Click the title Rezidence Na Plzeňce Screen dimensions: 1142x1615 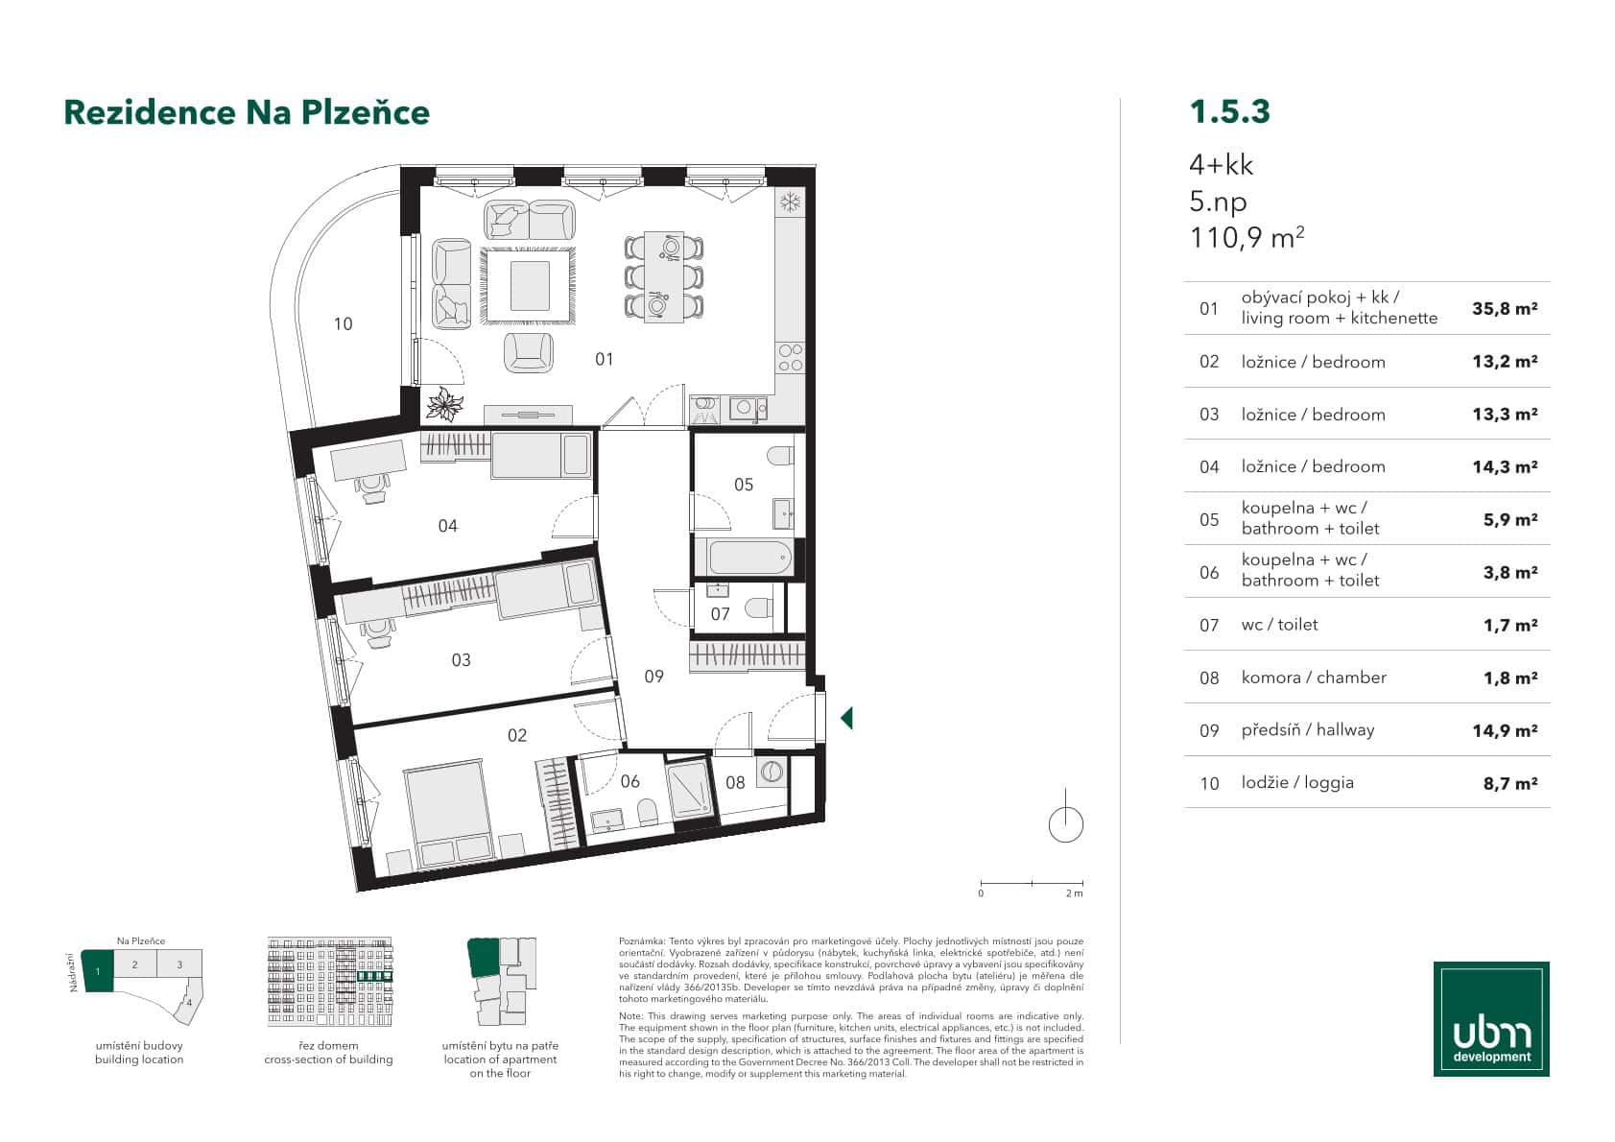247,112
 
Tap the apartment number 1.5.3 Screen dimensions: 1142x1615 1229,111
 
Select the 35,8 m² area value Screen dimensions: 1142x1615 1505,309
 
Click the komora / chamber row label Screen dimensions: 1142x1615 1313,678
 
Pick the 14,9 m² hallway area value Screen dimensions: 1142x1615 1505,730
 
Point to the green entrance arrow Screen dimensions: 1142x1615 846,718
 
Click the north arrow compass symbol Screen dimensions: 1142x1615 1066,822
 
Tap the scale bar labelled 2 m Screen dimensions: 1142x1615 1032,883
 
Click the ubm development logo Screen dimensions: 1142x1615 1491,1018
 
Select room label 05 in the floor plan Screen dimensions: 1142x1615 744,485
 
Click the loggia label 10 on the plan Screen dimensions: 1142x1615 343,324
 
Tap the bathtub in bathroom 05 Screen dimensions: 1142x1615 748,557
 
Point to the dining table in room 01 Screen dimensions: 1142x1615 664,276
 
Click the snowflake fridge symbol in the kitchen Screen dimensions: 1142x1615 791,202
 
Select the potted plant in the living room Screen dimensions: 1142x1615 445,405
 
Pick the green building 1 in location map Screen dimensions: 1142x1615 98,970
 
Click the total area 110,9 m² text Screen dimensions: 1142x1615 1246,237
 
